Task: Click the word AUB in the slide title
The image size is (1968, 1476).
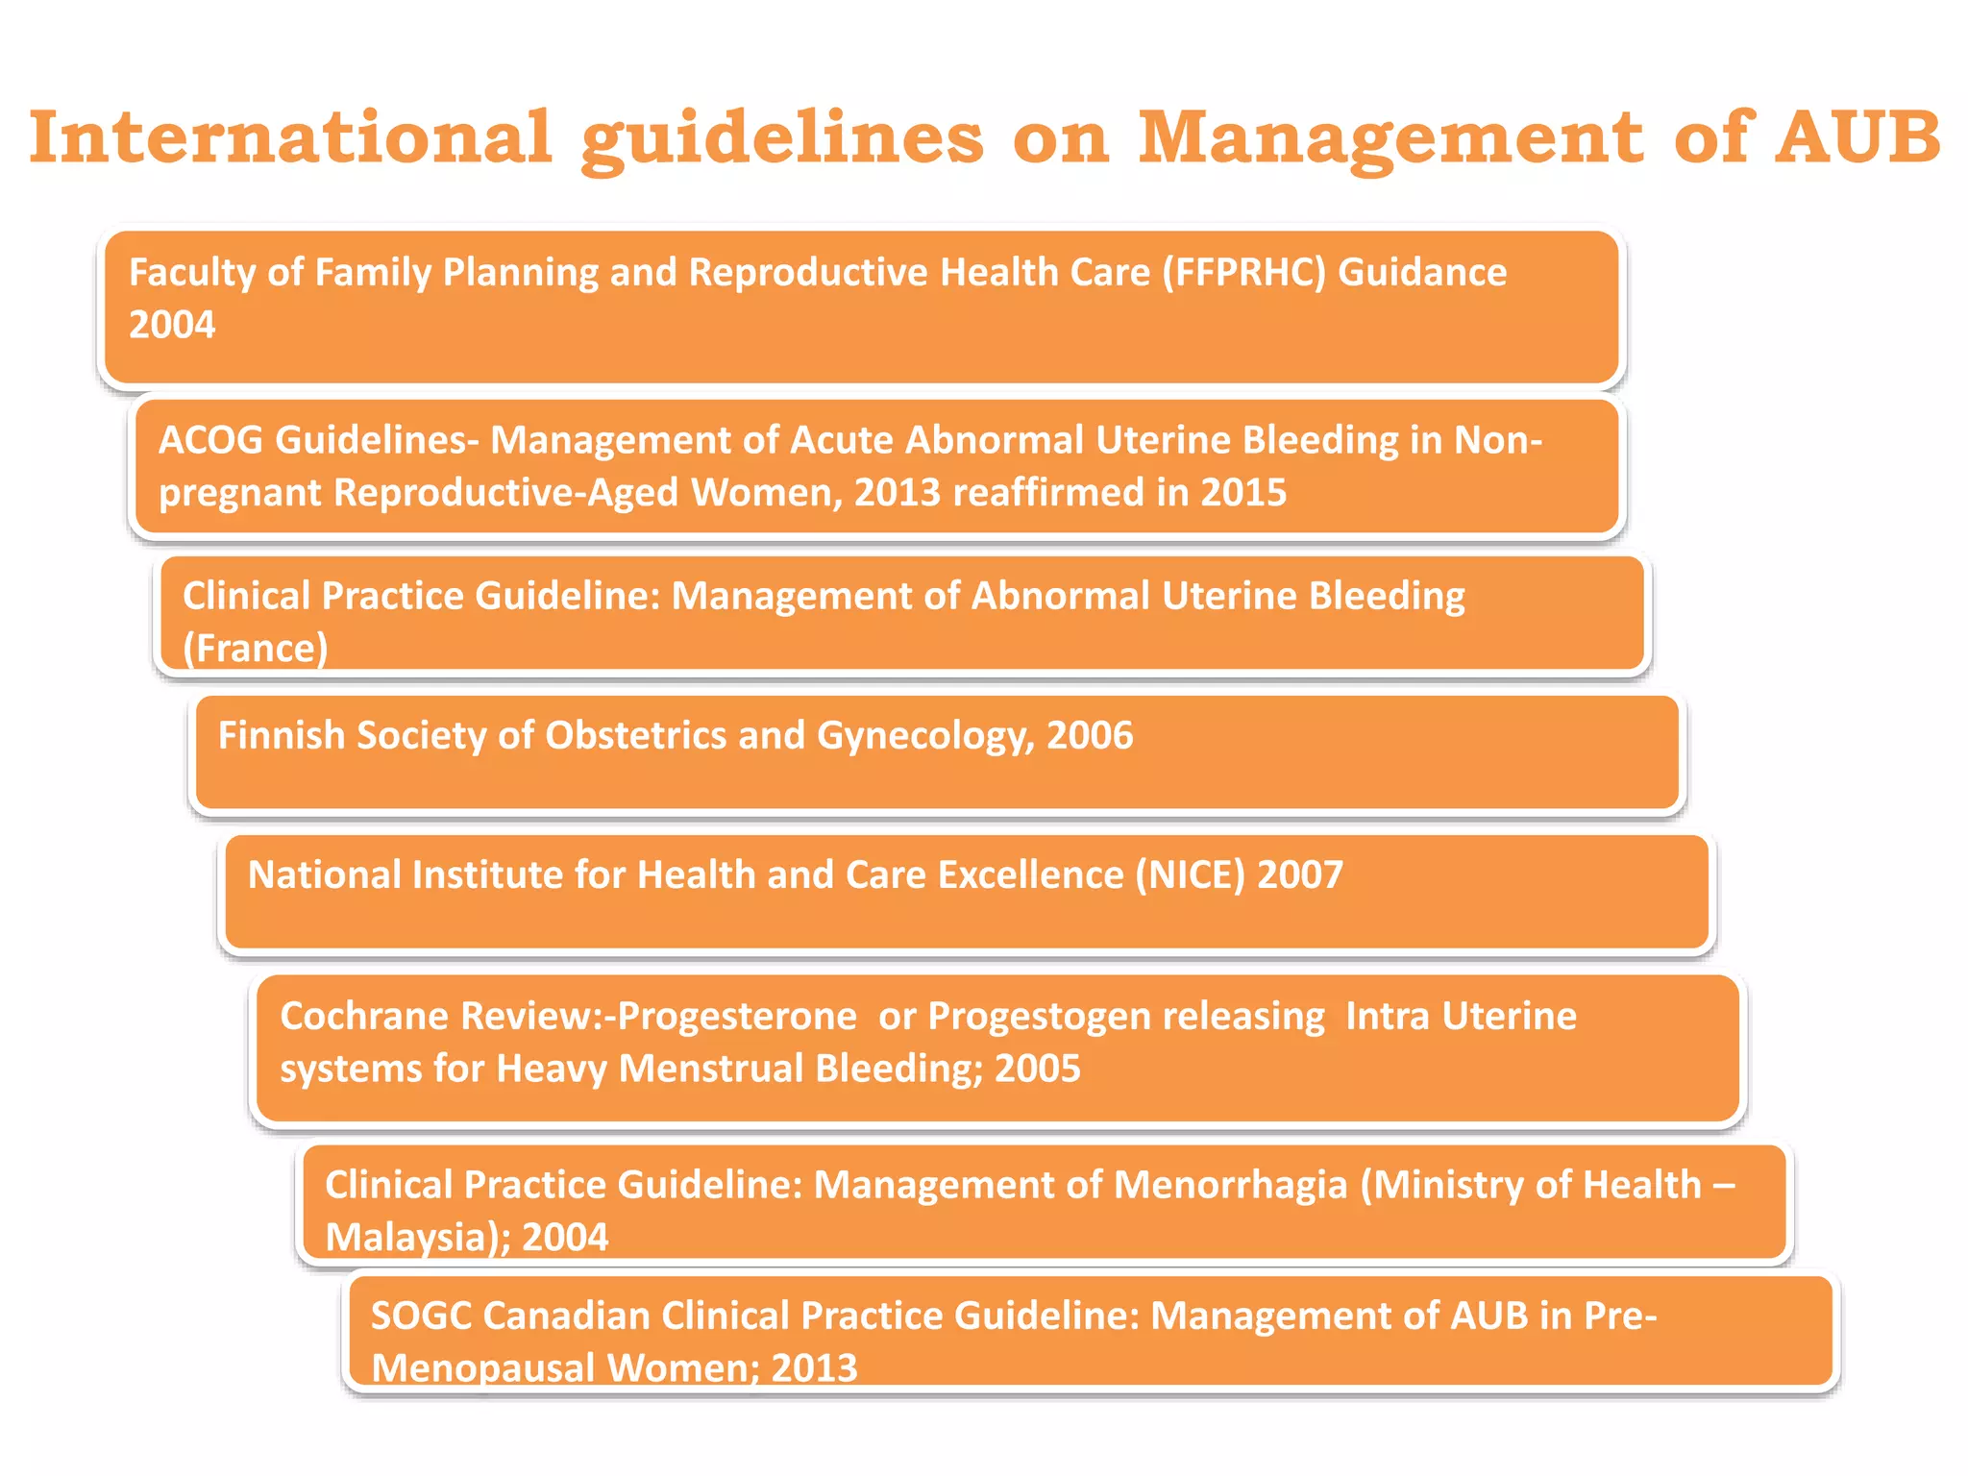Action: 1858,136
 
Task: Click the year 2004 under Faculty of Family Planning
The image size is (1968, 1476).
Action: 172,325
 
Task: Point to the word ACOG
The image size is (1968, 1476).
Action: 210,440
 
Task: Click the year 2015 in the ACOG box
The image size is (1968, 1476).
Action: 1243,492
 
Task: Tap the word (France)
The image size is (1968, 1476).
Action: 256,648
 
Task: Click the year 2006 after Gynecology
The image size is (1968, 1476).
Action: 1090,735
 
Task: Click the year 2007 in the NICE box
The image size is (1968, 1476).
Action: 1300,874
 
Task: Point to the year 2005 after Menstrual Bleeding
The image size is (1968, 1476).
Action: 1038,1069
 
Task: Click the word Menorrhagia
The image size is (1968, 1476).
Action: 1230,1185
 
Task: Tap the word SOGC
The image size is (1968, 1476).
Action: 421,1316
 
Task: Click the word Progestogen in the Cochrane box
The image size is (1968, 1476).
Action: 1039,1016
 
